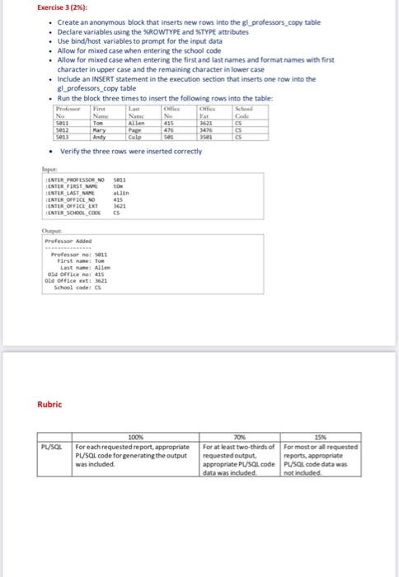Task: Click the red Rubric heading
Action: [x=49, y=404]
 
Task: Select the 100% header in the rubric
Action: [x=136, y=437]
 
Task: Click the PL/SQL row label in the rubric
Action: [x=51, y=446]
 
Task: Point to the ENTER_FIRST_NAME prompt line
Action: [x=68, y=186]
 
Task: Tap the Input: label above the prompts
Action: [x=51, y=164]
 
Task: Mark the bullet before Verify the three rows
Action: [x=53, y=151]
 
